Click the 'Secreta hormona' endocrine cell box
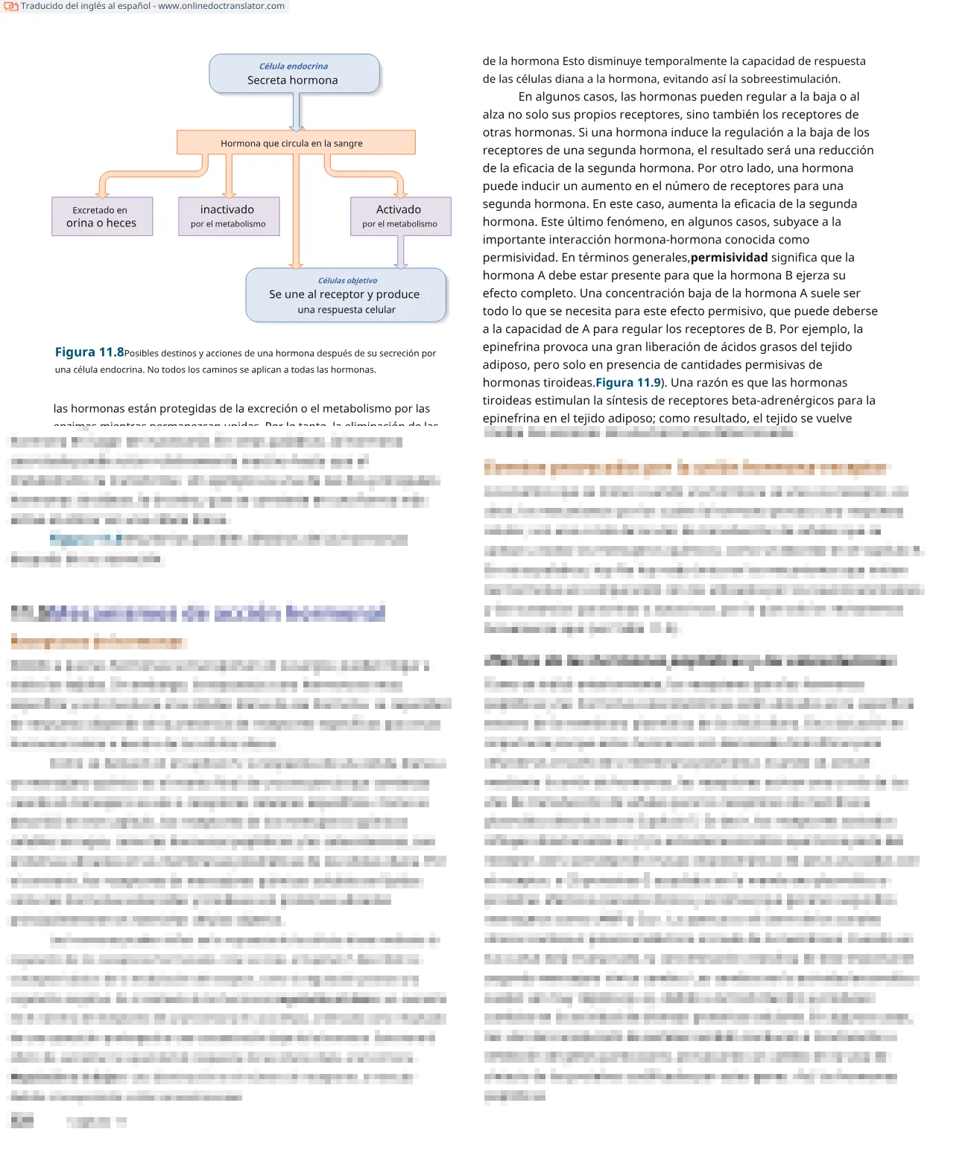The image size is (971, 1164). click(x=294, y=74)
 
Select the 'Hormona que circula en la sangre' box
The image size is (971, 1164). click(x=295, y=143)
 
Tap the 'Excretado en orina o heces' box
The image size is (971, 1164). click(x=102, y=217)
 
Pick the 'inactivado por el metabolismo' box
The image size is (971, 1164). click(x=228, y=217)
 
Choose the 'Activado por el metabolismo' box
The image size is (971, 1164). click(x=400, y=217)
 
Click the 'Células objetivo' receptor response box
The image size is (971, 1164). click(x=346, y=296)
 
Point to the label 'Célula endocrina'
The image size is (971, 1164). click(x=293, y=66)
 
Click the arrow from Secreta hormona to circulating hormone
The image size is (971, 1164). click(x=297, y=112)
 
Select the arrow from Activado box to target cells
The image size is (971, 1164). click(x=401, y=252)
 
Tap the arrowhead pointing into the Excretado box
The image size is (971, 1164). click(x=103, y=192)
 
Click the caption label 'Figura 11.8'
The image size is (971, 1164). click(x=89, y=352)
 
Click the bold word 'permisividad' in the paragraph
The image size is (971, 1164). click(x=729, y=258)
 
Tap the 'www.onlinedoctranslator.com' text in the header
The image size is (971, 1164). click(x=221, y=6)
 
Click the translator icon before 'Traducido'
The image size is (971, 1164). click(x=10, y=7)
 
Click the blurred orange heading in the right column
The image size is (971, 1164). click(x=684, y=468)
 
